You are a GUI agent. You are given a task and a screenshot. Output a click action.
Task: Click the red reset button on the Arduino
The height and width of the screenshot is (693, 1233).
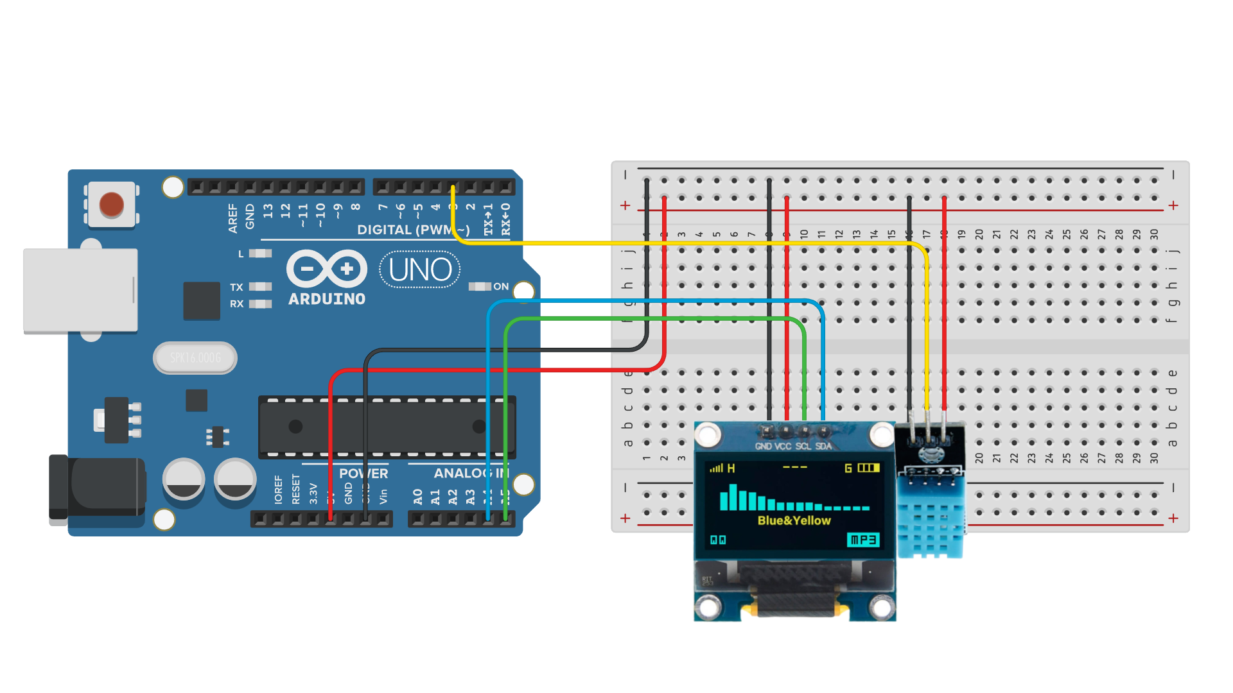pos(112,205)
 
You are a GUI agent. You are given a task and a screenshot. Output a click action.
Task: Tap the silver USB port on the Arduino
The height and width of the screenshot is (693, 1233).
pos(80,290)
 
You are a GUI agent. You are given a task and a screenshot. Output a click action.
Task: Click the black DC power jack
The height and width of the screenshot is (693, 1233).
pos(96,486)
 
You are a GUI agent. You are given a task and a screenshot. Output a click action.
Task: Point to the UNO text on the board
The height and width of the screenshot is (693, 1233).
pos(420,270)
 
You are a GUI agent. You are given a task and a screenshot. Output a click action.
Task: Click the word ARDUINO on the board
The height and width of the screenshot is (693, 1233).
pos(327,299)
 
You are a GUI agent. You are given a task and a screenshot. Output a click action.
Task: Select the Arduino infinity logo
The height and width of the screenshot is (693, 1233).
pos(327,268)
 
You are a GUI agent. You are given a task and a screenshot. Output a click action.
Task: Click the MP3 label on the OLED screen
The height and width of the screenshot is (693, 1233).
pos(863,540)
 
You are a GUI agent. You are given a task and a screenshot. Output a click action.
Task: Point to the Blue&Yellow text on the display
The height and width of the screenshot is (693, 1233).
pos(794,520)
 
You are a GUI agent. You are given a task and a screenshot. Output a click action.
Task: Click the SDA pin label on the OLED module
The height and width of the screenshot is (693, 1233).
pos(823,446)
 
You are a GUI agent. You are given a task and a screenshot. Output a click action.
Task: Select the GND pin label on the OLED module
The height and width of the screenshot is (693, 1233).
pos(764,446)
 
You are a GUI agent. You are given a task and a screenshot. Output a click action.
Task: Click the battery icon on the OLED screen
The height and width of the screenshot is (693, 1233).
pos(868,468)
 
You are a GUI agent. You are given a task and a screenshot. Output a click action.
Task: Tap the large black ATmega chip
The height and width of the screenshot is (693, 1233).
pos(387,427)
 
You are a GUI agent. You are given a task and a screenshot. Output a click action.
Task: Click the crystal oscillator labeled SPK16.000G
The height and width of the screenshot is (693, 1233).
pos(195,357)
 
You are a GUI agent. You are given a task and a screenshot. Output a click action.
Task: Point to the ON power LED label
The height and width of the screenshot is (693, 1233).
pos(501,286)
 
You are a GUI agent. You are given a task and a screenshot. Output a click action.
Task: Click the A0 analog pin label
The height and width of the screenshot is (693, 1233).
pos(418,497)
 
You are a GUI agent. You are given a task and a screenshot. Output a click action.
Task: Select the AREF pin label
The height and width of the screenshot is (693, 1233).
pos(232,218)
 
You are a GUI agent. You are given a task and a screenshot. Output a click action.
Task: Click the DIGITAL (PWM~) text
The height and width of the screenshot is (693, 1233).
pos(413,230)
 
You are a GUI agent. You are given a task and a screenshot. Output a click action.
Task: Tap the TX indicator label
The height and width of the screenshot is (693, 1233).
pos(236,287)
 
